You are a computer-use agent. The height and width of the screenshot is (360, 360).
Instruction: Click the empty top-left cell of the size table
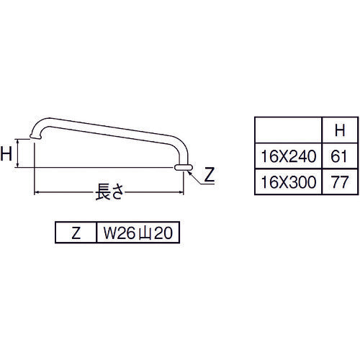pos(288,131)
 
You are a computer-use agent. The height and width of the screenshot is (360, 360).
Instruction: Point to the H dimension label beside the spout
pos(8,153)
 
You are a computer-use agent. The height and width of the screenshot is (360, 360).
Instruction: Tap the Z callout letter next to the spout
pos(210,174)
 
